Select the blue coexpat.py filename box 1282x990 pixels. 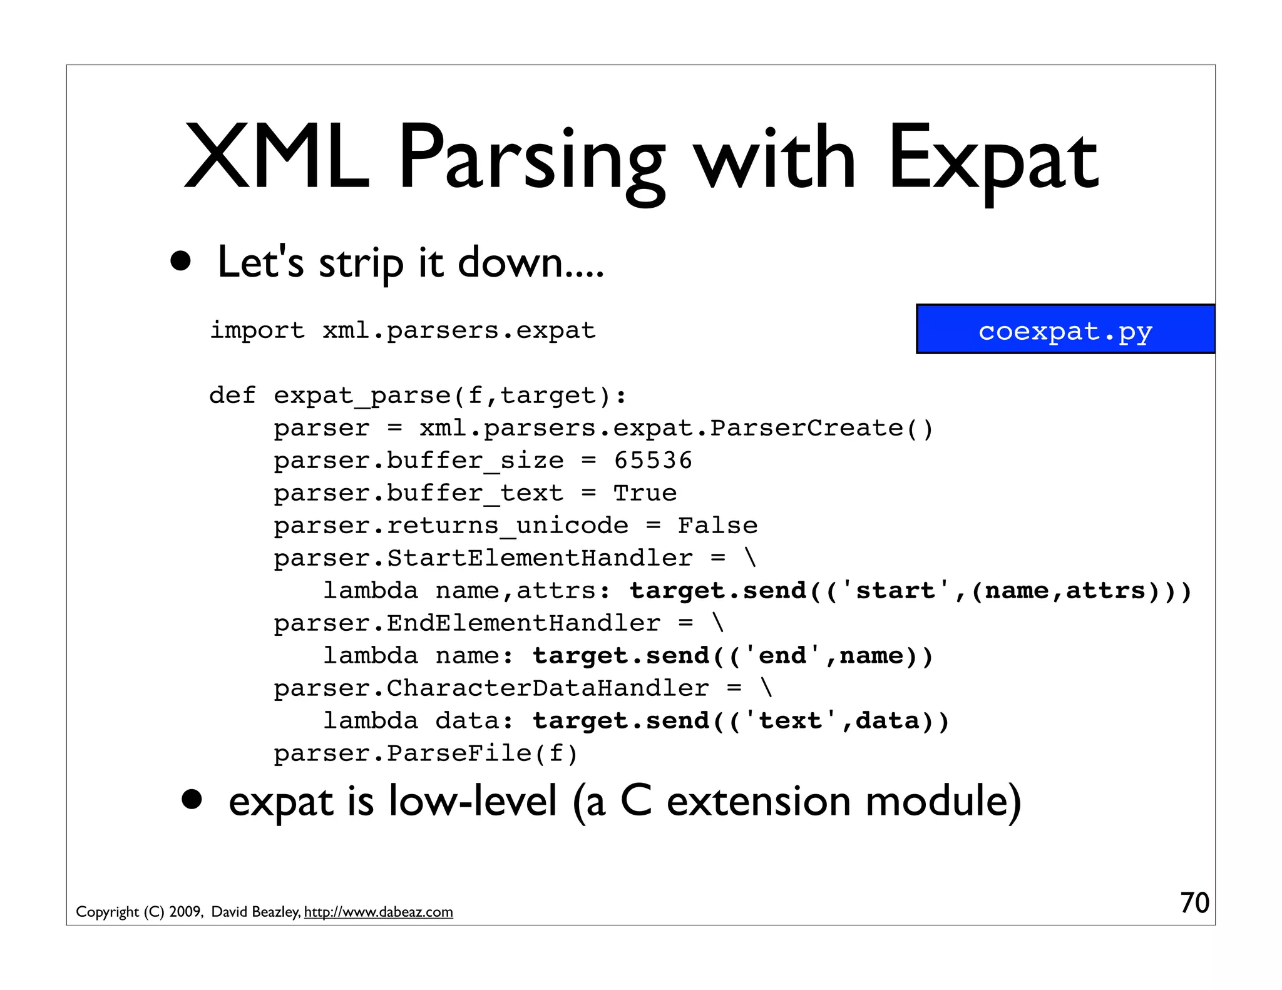pos(1065,330)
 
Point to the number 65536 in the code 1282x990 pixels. pos(653,461)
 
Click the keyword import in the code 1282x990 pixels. pos(257,330)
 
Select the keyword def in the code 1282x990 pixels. pos(232,395)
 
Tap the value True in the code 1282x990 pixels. pos(645,493)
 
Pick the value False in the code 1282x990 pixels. pos(717,526)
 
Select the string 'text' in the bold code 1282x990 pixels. pos(791,721)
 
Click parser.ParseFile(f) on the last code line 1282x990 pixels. pos(426,753)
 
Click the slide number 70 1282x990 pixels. pos(1194,903)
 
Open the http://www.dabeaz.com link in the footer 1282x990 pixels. pos(378,912)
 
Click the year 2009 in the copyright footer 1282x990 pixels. pos(185,912)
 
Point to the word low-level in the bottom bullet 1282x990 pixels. pos(472,802)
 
